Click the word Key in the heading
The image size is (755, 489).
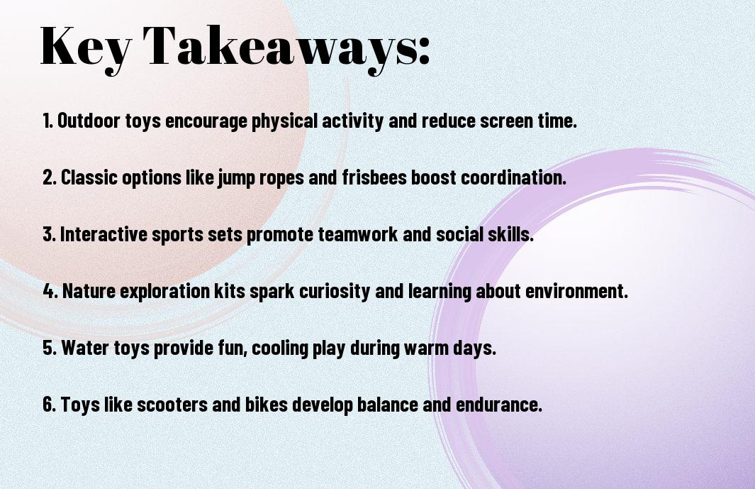[x=85, y=48]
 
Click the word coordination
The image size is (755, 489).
[x=514, y=177]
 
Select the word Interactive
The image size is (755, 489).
[x=104, y=234]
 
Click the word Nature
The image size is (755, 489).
[x=89, y=291]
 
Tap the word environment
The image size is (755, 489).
[x=576, y=291]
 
